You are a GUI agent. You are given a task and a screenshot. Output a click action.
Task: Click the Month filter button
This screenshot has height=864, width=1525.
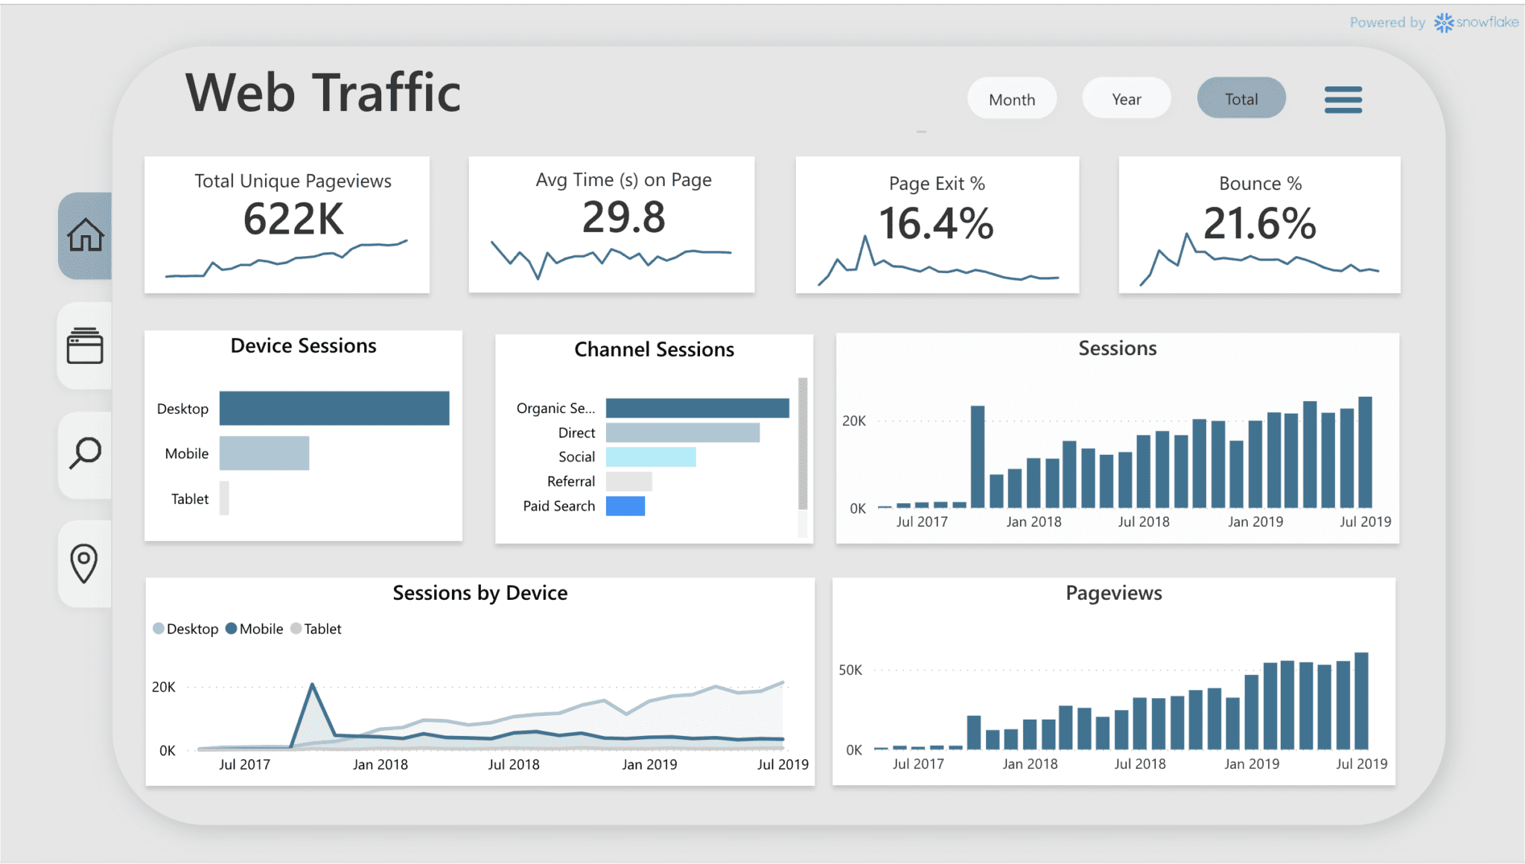click(x=1011, y=99)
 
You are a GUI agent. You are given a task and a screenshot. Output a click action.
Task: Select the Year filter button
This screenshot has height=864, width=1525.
click(x=1126, y=99)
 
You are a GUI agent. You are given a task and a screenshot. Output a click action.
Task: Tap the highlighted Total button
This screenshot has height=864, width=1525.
click(x=1241, y=99)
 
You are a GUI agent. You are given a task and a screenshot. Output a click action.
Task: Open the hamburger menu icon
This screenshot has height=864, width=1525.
click(x=1343, y=100)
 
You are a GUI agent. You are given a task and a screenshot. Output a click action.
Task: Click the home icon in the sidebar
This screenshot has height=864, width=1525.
click(x=86, y=235)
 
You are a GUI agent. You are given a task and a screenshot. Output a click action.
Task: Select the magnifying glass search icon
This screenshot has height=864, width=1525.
click(x=86, y=452)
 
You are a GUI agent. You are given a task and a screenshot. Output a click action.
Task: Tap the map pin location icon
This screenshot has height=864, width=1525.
click(x=84, y=563)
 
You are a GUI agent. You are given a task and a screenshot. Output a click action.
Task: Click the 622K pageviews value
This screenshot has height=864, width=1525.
click(x=293, y=219)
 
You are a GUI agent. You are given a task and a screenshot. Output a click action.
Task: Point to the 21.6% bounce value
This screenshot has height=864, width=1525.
click(x=1259, y=223)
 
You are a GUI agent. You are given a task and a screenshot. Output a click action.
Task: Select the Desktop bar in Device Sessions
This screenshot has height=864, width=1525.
click(x=334, y=408)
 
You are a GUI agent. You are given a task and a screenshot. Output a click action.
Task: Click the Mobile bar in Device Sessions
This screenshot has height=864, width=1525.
click(x=264, y=453)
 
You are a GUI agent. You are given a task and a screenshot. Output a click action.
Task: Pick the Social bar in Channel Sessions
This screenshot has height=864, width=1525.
click(x=650, y=457)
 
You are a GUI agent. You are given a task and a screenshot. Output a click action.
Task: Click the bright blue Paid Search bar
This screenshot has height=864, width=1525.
click(x=625, y=506)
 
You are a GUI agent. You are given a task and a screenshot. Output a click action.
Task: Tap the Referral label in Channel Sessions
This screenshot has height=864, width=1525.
click(x=570, y=481)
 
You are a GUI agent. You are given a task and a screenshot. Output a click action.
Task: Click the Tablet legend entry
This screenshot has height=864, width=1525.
click(x=317, y=629)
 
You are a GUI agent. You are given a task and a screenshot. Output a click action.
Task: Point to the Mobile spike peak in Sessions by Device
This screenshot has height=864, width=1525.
click(x=312, y=685)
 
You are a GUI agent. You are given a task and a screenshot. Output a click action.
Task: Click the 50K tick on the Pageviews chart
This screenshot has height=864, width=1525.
click(x=850, y=670)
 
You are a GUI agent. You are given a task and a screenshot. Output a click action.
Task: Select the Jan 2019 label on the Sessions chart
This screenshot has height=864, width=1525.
click(x=1255, y=522)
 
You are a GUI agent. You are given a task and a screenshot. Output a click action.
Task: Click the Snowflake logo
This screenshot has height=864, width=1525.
click(x=1444, y=23)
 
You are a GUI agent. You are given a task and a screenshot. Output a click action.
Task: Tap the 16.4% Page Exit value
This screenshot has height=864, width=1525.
click(x=936, y=223)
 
